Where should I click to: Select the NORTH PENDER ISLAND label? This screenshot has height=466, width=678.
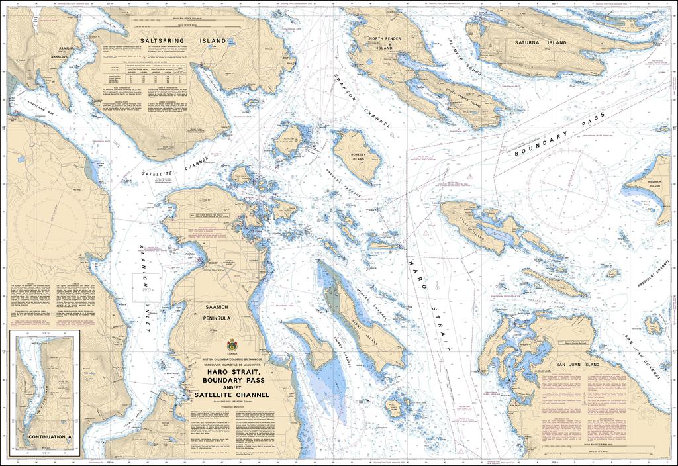click(385, 43)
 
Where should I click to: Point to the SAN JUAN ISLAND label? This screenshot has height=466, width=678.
click(577, 365)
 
